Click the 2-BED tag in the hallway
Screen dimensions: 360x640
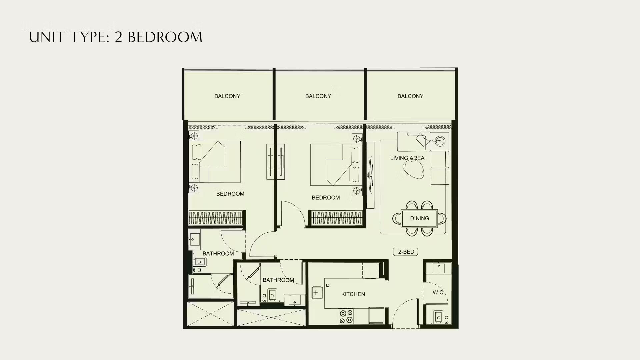(x=406, y=252)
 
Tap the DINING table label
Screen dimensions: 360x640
(x=419, y=218)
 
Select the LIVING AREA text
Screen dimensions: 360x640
(x=407, y=158)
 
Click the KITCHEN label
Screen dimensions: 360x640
(x=353, y=294)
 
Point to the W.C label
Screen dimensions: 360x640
(x=438, y=292)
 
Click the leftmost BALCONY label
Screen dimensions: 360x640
(x=227, y=96)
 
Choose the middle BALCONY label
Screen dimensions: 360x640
(x=318, y=96)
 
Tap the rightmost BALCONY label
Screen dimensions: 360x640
(x=410, y=96)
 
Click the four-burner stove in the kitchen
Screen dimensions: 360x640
(x=346, y=316)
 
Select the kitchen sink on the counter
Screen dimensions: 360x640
(x=317, y=293)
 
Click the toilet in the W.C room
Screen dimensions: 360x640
(x=438, y=317)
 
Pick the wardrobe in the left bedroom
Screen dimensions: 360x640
(x=216, y=218)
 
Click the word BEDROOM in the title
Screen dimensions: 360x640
(x=165, y=37)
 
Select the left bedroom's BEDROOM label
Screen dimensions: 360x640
(x=230, y=194)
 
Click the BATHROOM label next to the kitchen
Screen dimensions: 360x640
(x=278, y=280)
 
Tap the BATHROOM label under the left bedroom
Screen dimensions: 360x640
(x=218, y=253)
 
